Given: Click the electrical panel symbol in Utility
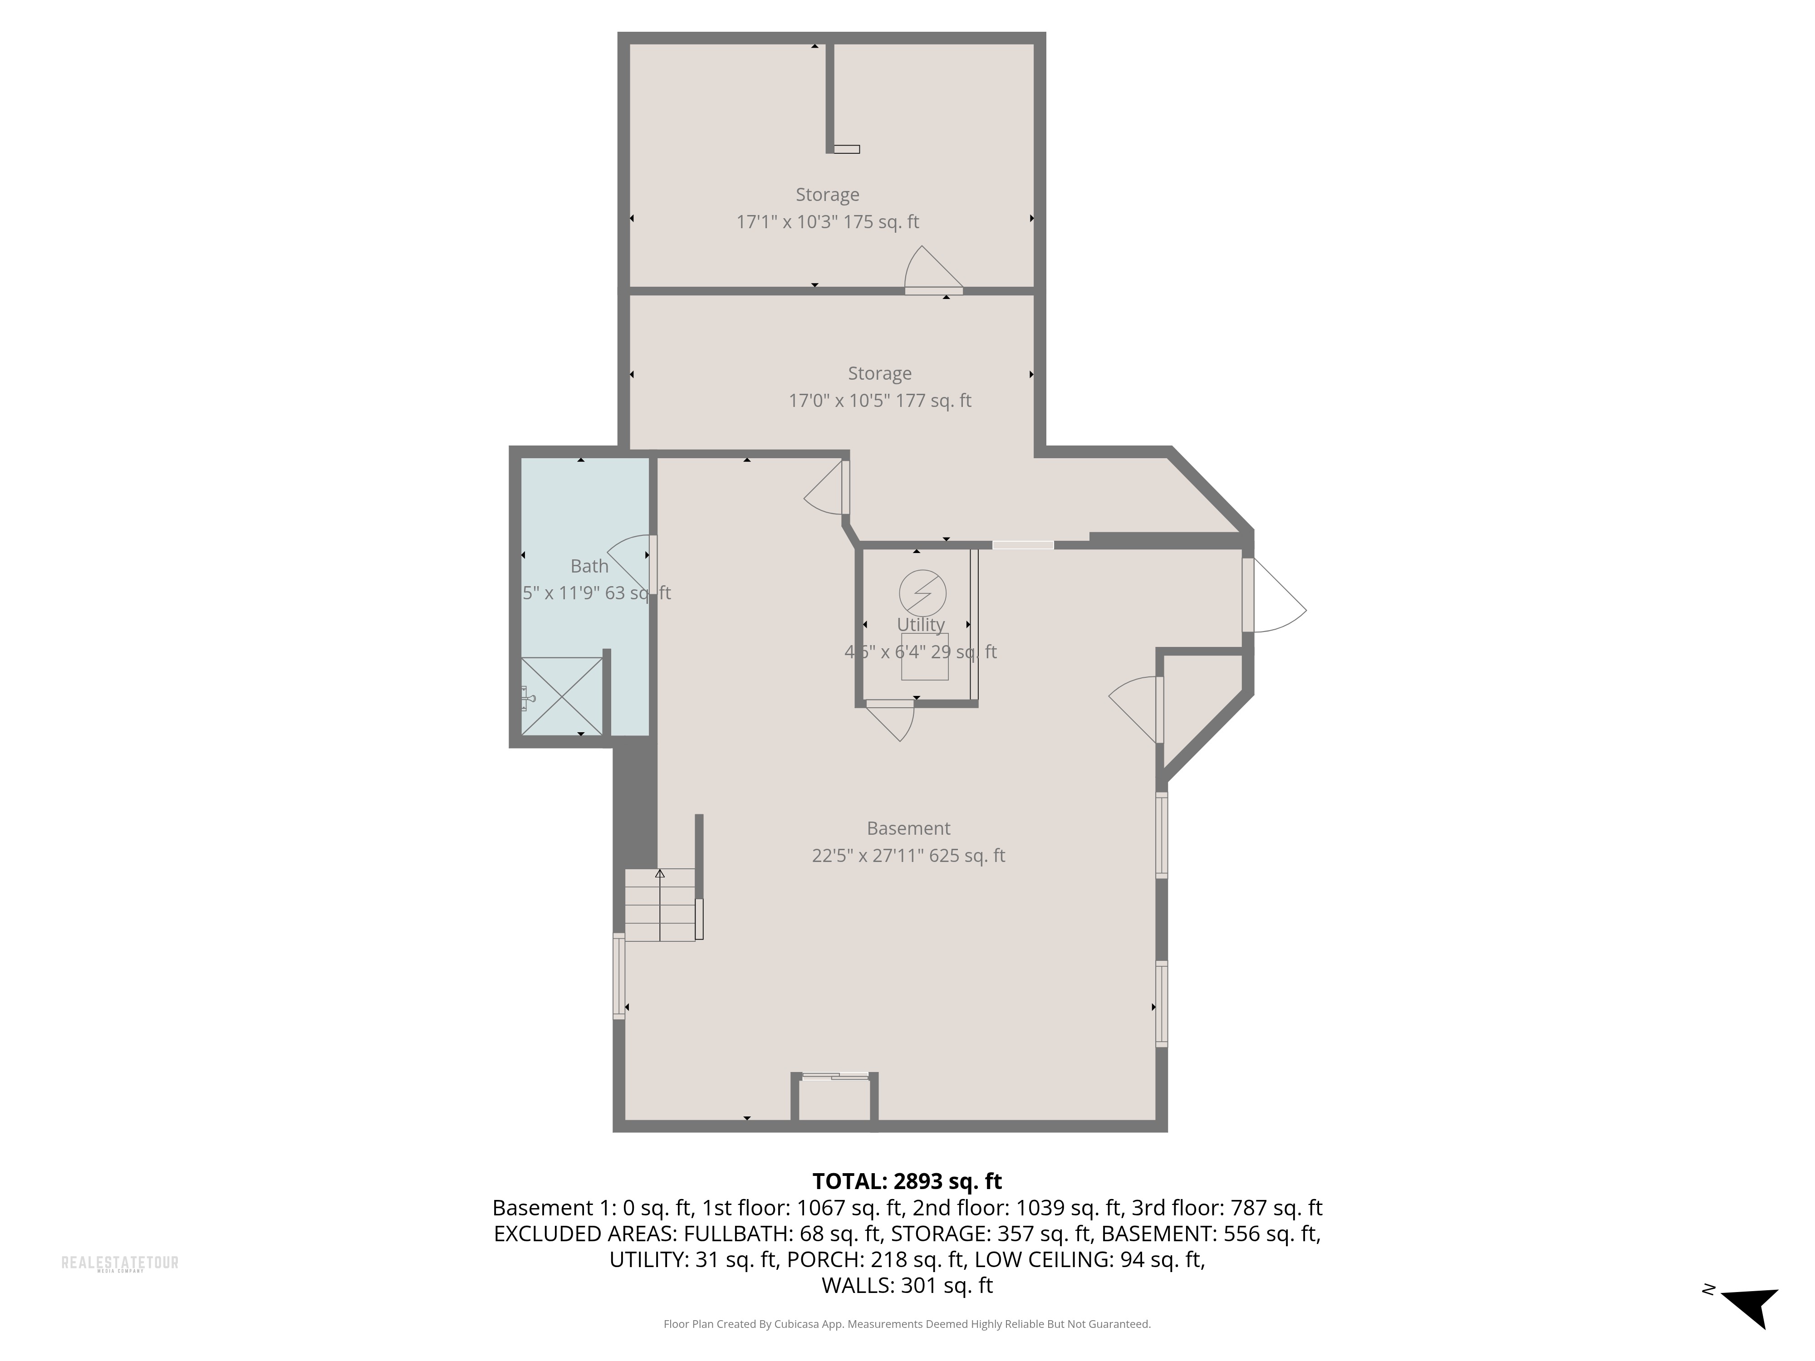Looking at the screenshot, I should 922,592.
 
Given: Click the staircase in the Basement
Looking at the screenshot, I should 660,905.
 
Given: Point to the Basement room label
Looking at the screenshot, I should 908,828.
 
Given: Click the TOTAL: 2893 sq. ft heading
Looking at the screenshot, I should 907,1181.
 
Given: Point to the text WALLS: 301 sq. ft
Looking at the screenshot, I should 907,1286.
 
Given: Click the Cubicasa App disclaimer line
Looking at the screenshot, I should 907,1324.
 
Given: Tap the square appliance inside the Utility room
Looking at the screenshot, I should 925,656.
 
